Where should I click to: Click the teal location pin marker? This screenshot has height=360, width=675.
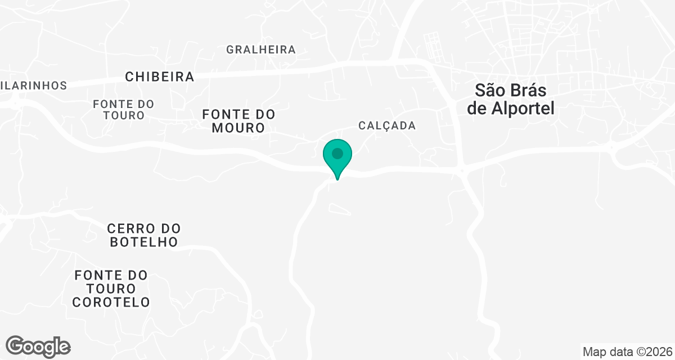(x=337, y=157)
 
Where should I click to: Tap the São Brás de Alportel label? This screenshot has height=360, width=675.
(x=511, y=99)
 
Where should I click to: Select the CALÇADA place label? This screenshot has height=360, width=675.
(x=387, y=125)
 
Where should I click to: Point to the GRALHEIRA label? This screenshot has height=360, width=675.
(x=261, y=49)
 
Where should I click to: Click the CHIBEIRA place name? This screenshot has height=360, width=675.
(x=160, y=76)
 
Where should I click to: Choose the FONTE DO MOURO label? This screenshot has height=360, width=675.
(x=238, y=121)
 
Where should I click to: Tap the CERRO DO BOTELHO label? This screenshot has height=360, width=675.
(x=143, y=235)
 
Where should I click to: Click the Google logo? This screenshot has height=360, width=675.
(x=38, y=346)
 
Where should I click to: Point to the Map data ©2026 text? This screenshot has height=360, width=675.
(x=627, y=352)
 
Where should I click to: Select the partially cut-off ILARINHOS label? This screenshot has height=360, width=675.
(x=34, y=85)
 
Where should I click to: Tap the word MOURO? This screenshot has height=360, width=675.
(x=238, y=128)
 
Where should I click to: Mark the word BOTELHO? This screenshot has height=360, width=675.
(x=143, y=242)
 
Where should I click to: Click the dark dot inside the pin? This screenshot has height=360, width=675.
(x=337, y=153)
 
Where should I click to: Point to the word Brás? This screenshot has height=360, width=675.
(x=529, y=90)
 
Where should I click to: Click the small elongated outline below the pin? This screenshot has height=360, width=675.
(x=339, y=210)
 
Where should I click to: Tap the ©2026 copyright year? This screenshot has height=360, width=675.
(x=652, y=352)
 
